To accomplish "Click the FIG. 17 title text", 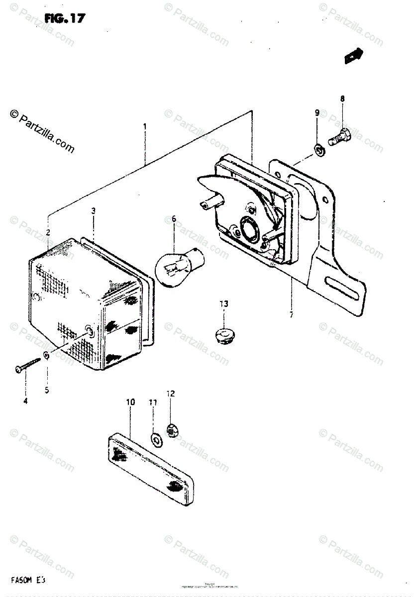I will (x=65, y=19).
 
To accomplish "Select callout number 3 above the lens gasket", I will (x=93, y=211).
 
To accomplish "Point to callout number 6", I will (x=174, y=218).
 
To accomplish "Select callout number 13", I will (x=223, y=304).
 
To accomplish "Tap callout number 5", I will (x=47, y=390).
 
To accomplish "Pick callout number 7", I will (x=292, y=314).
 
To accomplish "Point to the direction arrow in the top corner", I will (x=354, y=56).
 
